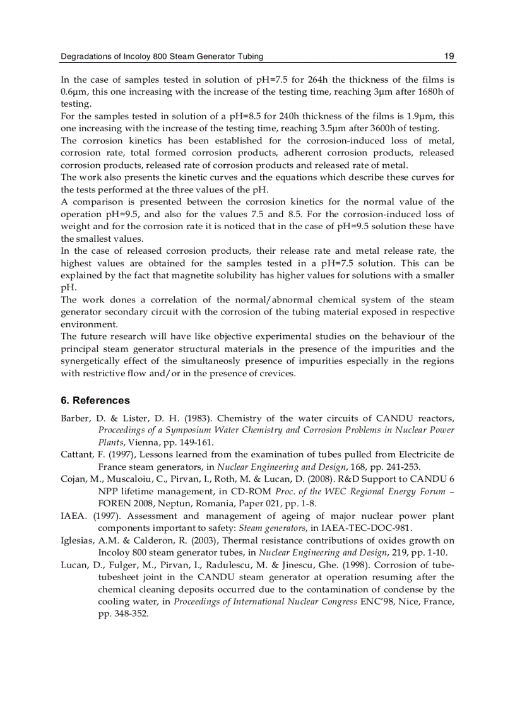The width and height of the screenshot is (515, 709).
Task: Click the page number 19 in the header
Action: pyautogui.click(x=449, y=57)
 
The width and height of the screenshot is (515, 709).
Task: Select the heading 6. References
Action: pyautogui.click(x=95, y=400)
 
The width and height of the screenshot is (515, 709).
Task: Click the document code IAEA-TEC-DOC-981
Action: pyautogui.click(x=358, y=527)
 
